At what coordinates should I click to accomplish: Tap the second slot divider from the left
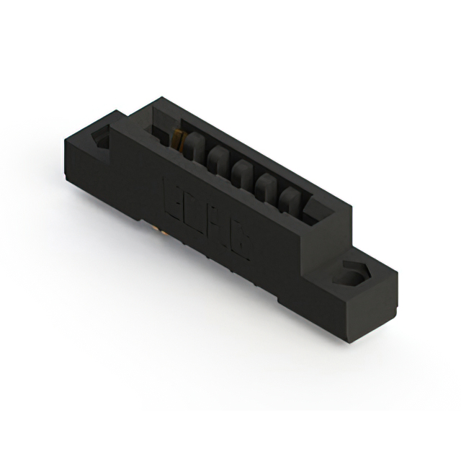coord(217,158)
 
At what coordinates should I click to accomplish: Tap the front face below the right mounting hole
coord(317,295)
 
